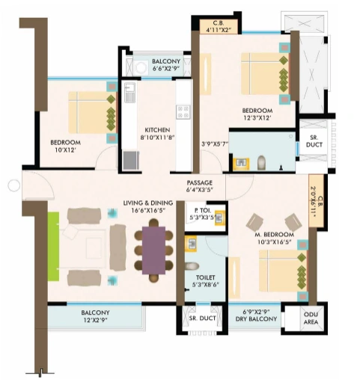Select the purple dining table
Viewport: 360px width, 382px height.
click(x=152, y=250)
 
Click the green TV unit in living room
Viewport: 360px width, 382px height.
click(x=53, y=247)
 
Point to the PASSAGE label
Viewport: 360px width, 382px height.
click(x=200, y=182)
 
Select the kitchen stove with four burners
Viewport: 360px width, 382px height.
click(x=183, y=111)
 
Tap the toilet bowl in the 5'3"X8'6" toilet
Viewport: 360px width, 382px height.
click(x=192, y=265)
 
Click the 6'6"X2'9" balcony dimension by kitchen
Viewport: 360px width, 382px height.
click(x=165, y=68)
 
